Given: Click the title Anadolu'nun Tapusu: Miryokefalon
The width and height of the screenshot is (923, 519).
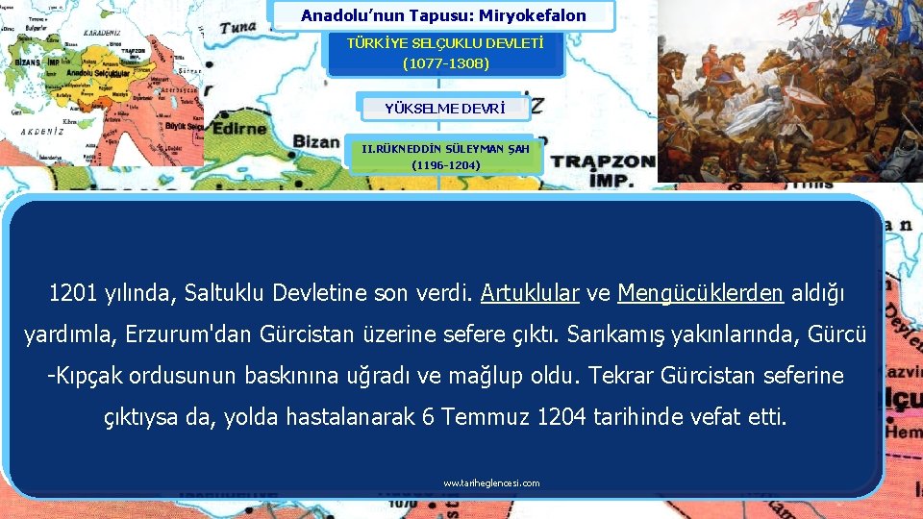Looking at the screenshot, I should pos(443,15).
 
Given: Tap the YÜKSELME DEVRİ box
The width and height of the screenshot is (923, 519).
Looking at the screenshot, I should pos(444,108).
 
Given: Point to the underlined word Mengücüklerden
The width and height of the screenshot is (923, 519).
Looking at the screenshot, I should pos(701,292).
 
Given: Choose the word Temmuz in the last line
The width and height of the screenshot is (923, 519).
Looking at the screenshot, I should pos(486,418).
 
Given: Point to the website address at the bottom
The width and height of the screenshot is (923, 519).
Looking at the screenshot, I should pos(491,483).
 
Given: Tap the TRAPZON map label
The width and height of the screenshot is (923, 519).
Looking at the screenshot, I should pos(603,161).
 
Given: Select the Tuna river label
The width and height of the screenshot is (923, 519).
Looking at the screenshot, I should pos(238,28).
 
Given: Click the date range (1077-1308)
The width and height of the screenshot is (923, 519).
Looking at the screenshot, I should pos(445,64).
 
